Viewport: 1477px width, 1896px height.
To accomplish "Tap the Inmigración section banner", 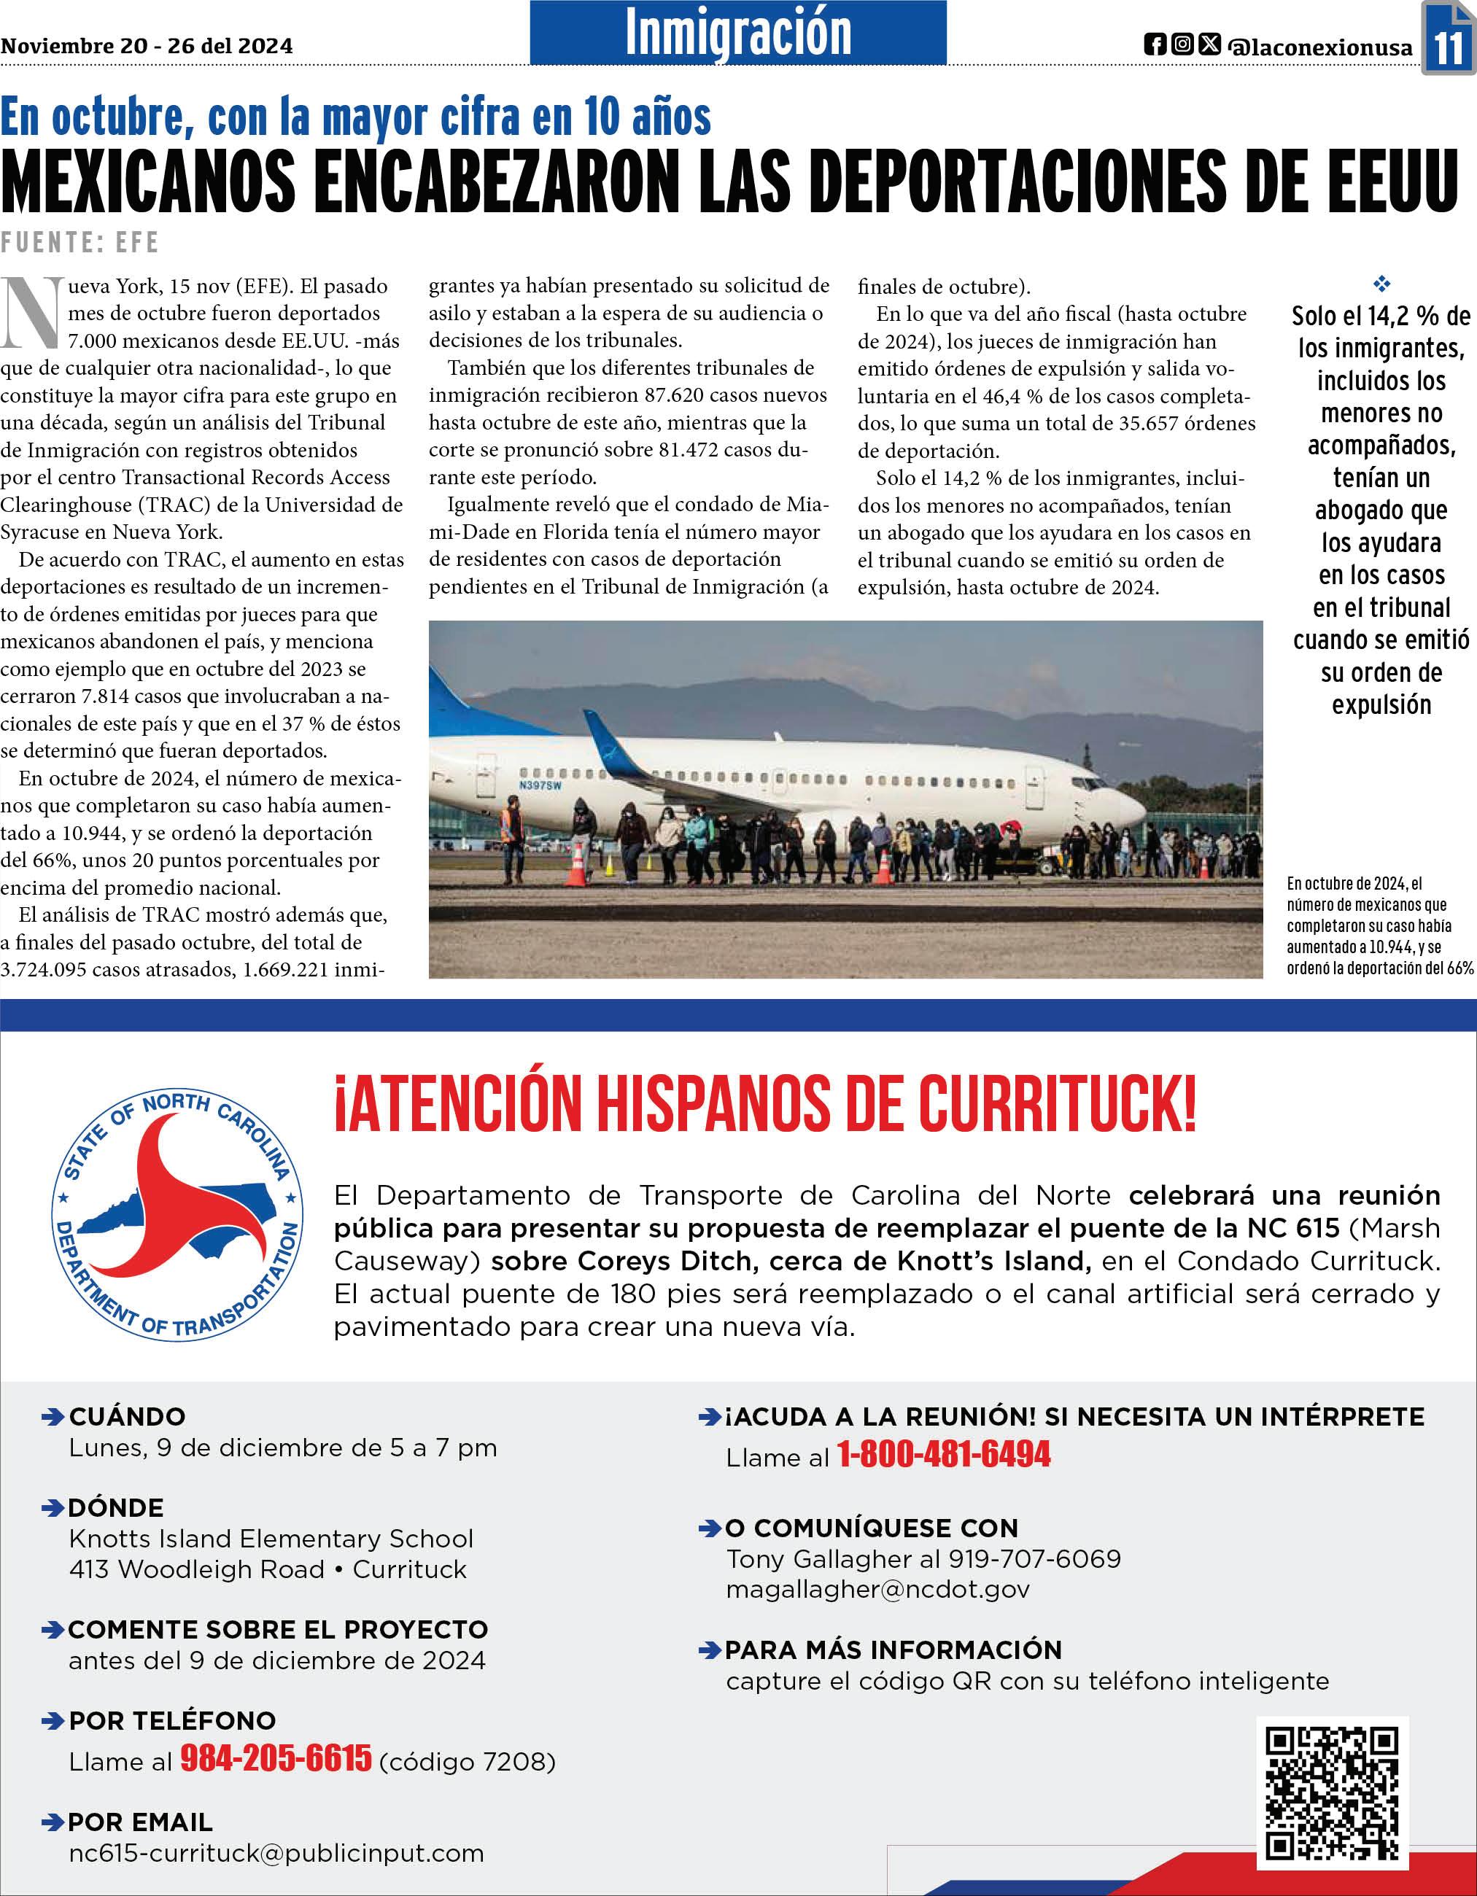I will click(738, 33).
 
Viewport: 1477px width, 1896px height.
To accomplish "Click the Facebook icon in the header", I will click(1155, 44).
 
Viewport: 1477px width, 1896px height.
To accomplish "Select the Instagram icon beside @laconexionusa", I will click(1182, 44).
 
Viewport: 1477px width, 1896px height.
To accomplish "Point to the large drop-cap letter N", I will click(31, 313).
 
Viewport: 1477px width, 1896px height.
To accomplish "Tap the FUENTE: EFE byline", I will click(80, 242).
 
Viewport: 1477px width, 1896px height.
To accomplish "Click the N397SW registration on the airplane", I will click(540, 785).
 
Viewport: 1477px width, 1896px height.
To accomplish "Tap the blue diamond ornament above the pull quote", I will click(1381, 283).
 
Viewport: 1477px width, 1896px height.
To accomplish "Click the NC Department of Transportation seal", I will click(178, 1213).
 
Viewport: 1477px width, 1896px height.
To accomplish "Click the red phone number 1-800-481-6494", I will click(944, 1454).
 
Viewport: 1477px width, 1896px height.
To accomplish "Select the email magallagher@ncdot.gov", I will click(878, 1589).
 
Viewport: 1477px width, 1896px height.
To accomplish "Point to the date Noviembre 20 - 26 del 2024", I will click(146, 46).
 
